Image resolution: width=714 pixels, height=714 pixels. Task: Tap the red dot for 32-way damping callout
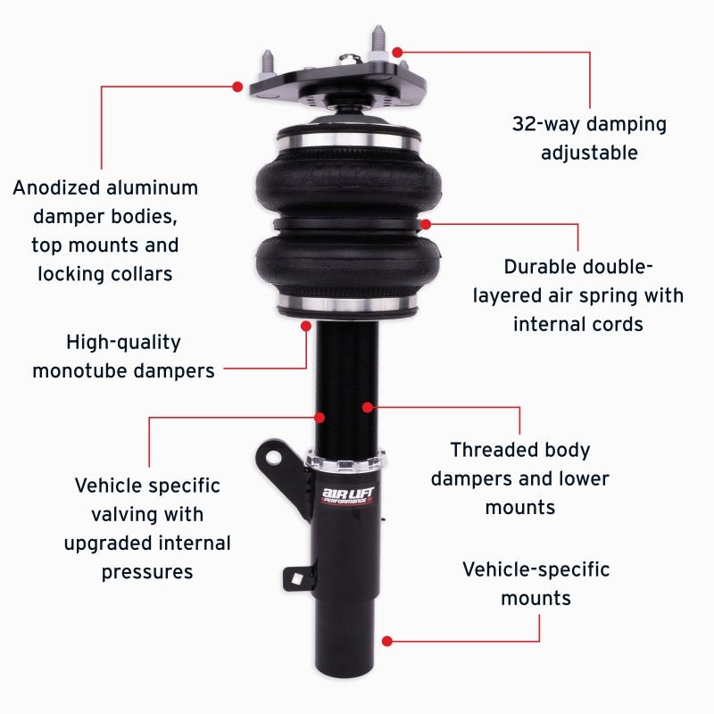pyautogui.click(x=397, y=53)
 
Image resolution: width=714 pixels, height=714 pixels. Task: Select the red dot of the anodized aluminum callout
pyautogui.click(x=237, y=87)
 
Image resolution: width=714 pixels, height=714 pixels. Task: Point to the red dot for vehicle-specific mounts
pyautogui.click(x=387, y=640)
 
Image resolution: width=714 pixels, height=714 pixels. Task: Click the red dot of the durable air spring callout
pyautogui.click(x=426, y=223)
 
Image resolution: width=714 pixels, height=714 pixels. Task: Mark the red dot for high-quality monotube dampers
pyautogui.click(x=306, y=368)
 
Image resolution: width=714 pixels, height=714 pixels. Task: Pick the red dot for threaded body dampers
pyautogui.click(x=367, y=408)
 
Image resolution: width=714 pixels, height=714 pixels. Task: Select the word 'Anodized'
pyautogui.click(x=59, y=188)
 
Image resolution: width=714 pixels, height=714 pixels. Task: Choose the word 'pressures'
pyautogui.click(x=147, y=571)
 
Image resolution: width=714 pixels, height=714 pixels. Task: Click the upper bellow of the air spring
pyautogui.click(x=348, y=174)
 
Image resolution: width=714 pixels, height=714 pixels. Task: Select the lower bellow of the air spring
pyautogui.click(x=348, y=263)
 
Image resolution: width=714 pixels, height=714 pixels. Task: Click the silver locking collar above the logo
pyautogui.click(x=346, y=461)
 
